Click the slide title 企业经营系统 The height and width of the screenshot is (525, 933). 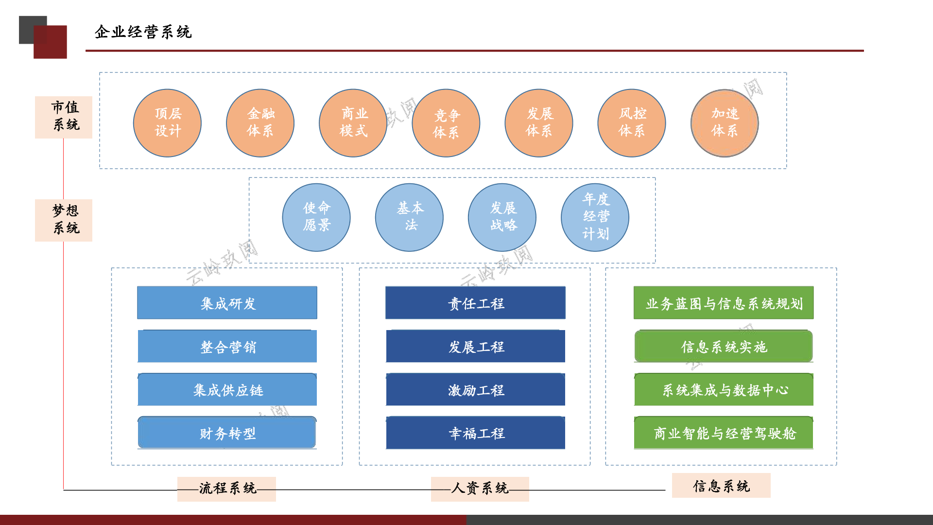click(x=143, y=32)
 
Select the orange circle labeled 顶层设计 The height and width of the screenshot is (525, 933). click(x=168, y=123)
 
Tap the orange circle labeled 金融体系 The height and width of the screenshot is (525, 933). click(x=260, y=123)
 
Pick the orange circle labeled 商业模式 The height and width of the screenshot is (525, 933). click(x=353, y=123)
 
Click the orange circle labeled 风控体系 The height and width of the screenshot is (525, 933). click(x=632, y=123)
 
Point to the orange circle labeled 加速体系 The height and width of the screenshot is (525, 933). click(x=725, y=123)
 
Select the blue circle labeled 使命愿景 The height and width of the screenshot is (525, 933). click(x=316, y=217)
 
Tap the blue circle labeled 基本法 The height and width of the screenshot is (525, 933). click(x=409, y=217)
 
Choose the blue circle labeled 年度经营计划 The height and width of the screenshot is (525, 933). click(x=595, y=217)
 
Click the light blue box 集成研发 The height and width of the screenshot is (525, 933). click(x=227, y=303)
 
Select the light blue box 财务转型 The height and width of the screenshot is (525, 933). click(x=227, y=433)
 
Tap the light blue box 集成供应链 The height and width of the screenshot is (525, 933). click(x=227, y=389)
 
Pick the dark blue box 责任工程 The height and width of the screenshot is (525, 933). click(x=475, y=303)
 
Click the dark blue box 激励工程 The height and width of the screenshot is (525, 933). click(x=475, y=389)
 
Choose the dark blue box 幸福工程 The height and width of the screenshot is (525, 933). click(x=475, y=433)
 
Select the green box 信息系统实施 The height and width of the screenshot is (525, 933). click(x=724, y=346)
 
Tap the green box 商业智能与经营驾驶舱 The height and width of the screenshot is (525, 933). click(x=724, y=433)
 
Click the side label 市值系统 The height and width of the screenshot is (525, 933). click(x=64, y=117)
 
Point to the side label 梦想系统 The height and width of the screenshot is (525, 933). click(x=64, y=220)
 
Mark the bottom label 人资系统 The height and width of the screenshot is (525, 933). click(x=480, y=489)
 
